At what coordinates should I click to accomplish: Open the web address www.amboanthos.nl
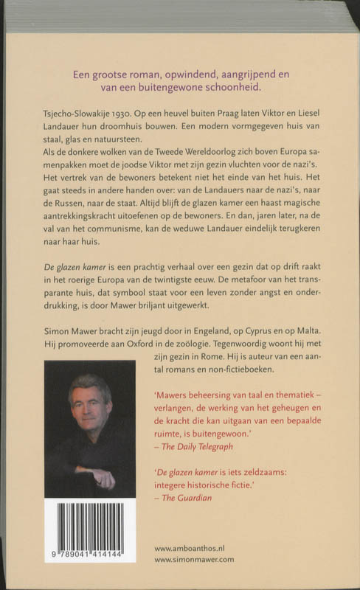coord(195,549)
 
